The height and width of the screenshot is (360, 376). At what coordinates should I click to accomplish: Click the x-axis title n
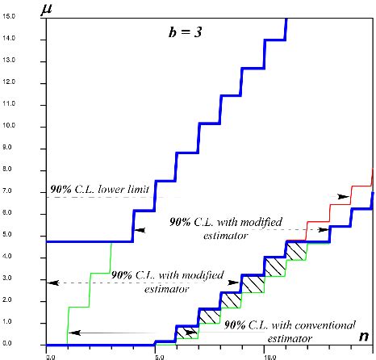tap(365, 335)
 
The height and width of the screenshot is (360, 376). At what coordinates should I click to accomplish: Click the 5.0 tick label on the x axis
tap(158, 354)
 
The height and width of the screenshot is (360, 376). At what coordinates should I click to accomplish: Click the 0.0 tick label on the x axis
tap(50, 354)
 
